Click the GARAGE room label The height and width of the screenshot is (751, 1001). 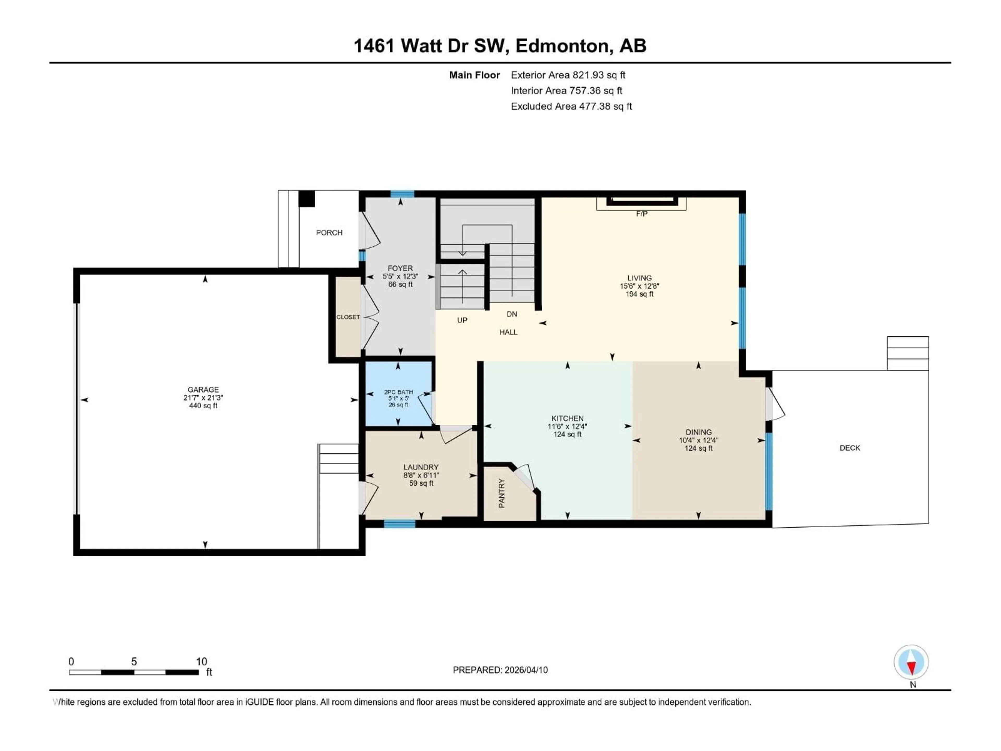(203, 389)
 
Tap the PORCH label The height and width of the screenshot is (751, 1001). (329, 233)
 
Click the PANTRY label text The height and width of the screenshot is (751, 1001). (501, 493)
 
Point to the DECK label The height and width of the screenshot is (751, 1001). (849, 448)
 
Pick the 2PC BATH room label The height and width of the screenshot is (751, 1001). (398, 392)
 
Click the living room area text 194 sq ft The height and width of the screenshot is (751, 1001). (639, 294)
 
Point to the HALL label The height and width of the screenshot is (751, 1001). (508, 332)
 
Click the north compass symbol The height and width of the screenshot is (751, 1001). (911, 662)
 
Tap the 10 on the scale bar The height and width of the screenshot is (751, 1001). (202, 661)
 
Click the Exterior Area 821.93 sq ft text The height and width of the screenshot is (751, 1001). (568, 75)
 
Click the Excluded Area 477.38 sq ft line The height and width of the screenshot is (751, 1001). (571, 106)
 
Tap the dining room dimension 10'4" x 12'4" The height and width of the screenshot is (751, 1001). (698, 440)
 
